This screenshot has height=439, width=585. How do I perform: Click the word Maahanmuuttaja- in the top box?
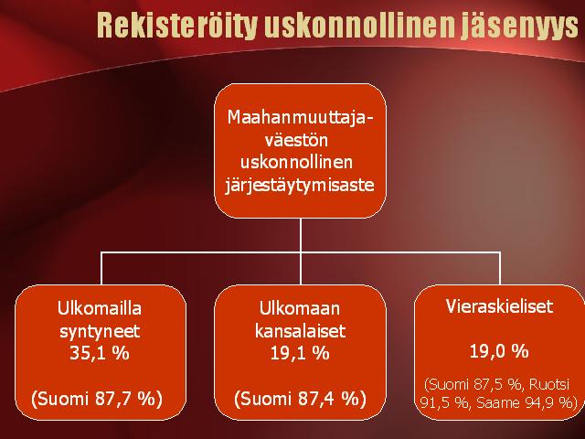pyautogui.click(x=301, y=117)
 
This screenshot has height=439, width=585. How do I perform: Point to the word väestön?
pyautogui.click(x=297, y=140)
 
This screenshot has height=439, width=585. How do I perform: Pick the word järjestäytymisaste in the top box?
pyautogui.click(x=300, y=185)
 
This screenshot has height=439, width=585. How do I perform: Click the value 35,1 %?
pyautogui.click(x=100, y=353)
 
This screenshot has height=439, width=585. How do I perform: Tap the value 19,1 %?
pyautogui.click(x=300, y=353)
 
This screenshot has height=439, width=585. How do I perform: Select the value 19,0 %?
pyautogui.click(x=499, y=351)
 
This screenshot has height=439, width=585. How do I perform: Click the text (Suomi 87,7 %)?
pyautogui.click(x=97, y=399)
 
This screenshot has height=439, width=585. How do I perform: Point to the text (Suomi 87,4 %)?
pyautogui.click(x=300, y=399)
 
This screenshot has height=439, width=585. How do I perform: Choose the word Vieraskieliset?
pyautogui.click(x=499, y=306)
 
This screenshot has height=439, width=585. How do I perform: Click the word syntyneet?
pyautogui.click(x=100, y=331)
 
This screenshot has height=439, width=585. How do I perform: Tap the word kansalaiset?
pyautogui.click(x=301, y=331)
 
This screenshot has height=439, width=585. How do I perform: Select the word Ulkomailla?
pyautogui.click(x=100, y=308)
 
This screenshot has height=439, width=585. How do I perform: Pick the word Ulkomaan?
pyautogui.click(x=300, y=308)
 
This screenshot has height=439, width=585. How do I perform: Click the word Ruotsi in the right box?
pyautogui.click(x=549, y=384)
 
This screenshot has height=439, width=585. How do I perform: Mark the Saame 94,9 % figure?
pyautogui.click(x=525, y=402)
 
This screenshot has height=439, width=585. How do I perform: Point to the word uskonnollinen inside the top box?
pyautogui.click(x=296, y=163)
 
